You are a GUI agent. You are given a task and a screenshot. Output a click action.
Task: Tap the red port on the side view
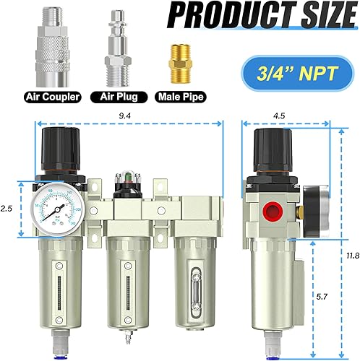(x=275, y=214)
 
